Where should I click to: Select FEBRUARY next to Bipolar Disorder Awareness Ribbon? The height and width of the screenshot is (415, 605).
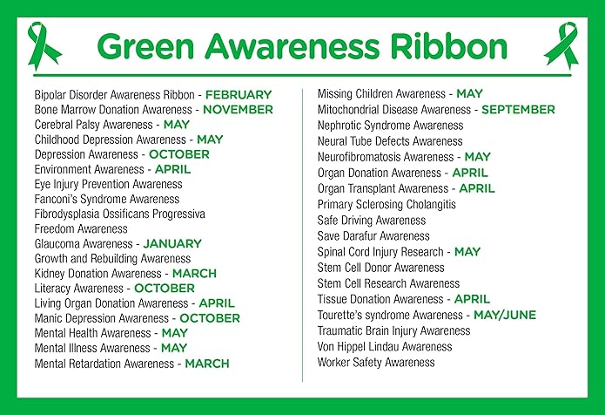point(239,95)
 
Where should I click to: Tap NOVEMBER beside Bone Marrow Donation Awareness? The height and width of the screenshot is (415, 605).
point(238,110)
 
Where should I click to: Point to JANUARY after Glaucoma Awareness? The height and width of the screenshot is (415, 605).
point(172,244)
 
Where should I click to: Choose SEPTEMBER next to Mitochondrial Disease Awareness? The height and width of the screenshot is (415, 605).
point(518,110)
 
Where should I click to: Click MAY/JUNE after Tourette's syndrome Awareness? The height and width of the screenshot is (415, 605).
point(505,315)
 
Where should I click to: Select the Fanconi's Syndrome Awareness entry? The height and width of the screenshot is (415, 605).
point(107,200)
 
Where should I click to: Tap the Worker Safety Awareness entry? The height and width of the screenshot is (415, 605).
point(376,363)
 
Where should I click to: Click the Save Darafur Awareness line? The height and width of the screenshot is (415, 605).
point(373,236)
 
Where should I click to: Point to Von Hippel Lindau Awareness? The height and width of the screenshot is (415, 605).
point(385,347)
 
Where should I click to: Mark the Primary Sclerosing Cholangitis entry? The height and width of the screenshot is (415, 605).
point(387,205)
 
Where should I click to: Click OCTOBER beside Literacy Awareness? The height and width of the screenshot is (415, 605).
point(165,289)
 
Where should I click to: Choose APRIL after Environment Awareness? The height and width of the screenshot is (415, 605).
point(173,169)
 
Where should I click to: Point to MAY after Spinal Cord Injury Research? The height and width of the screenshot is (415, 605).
point(467,252)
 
